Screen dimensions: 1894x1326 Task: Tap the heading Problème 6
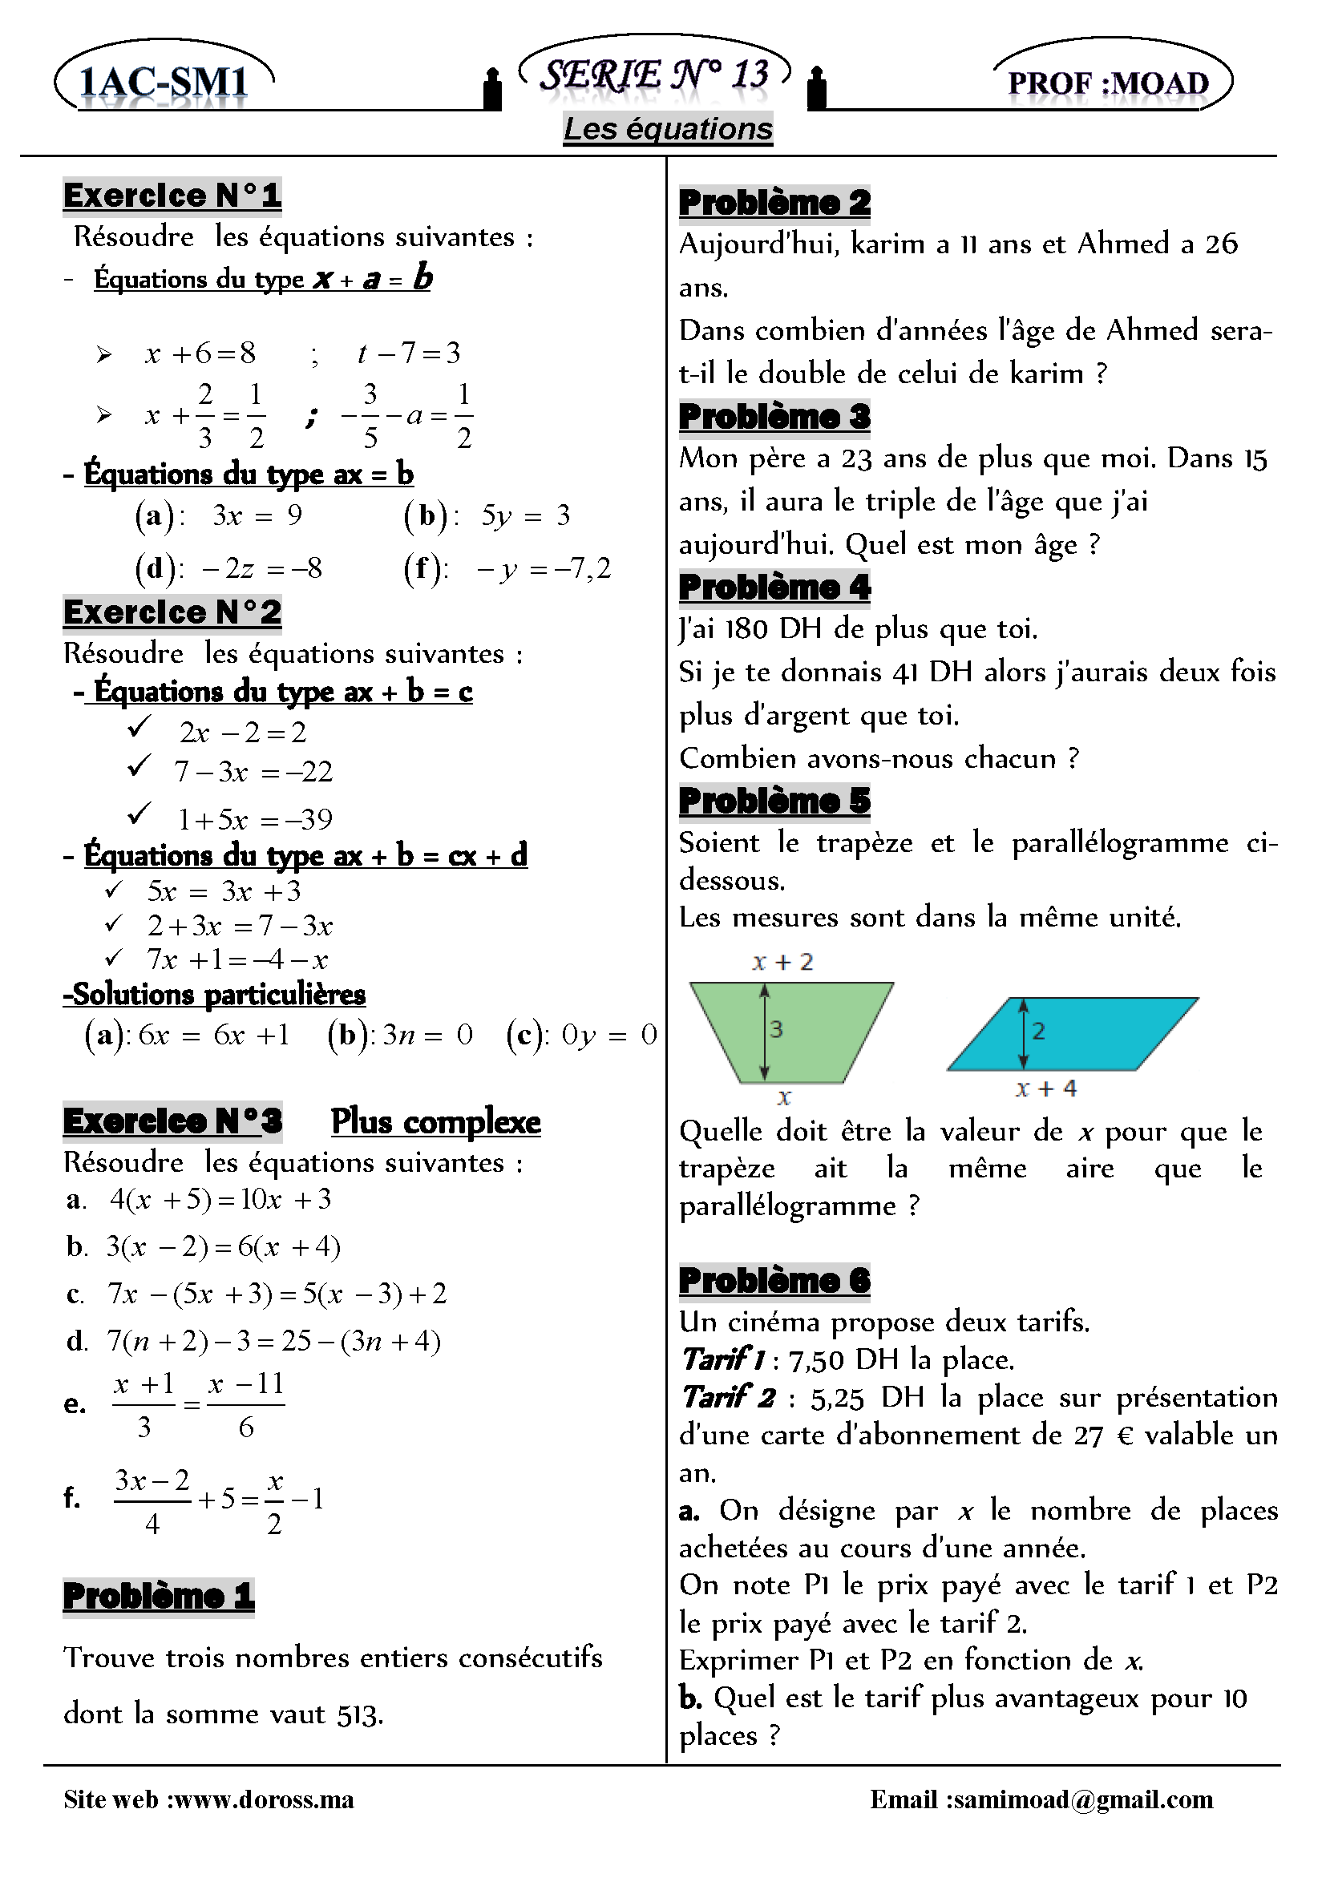pyautogui.click(x=774, y=1280)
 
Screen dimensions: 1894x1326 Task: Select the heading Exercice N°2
pyautogui.click(x=172, y=612)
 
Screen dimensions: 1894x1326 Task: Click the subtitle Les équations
pyautogui.click(x=668, y=129)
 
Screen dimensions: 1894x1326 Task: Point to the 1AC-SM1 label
pyautogui.click(x=164, y=82)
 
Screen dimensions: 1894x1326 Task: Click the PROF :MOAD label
pyautogui.click(x=1108, y=83)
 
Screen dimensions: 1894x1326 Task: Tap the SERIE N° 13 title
pyautogui.click(x=654, y=75)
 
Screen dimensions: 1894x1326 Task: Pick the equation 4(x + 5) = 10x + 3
pyautogui.click(x=220, y=1199)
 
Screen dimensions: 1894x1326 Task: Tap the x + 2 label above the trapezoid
pyautogui.click(x=782, y=962)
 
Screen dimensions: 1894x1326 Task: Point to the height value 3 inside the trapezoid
pyautogui.click(x=775, y=1028)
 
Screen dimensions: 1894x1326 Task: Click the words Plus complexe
pyautogui.click(x=435, y=1122)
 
